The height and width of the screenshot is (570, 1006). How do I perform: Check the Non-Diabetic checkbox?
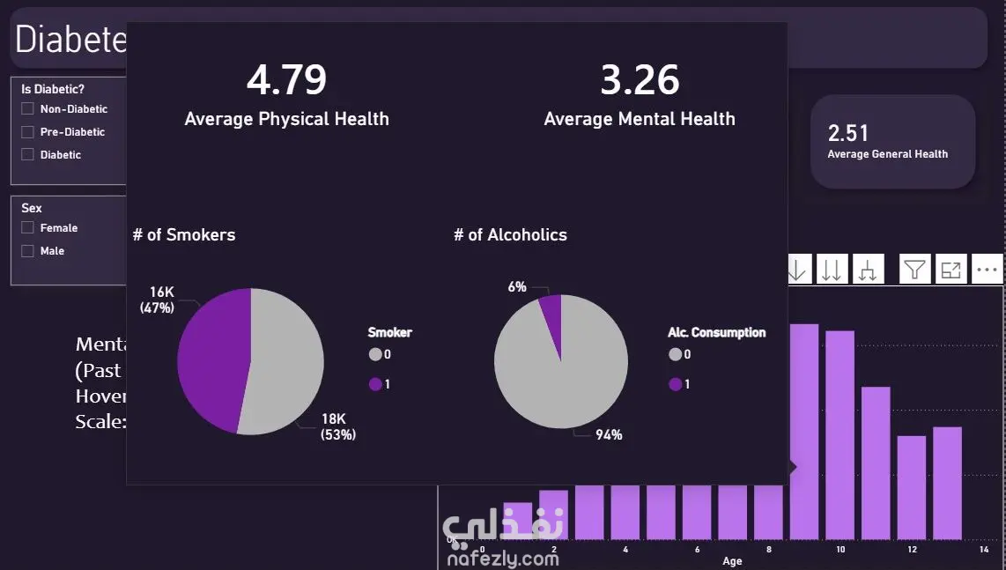(x=28, y=109)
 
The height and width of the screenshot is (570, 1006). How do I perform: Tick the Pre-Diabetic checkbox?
(x=28, y=132)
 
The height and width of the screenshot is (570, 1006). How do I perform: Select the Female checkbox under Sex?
(x=28, y=228)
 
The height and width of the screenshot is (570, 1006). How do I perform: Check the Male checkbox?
(x=28, y=251)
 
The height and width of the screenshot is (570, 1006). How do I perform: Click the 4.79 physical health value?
(x=286, y=80)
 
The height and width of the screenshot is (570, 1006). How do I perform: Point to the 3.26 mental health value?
(x=640, y=80)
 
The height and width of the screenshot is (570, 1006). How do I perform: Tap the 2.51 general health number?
(x=848, y=133)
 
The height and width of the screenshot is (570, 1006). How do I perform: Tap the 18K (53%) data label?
(x=338, y=426)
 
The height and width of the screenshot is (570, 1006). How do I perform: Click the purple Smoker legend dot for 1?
(x=376, y=384)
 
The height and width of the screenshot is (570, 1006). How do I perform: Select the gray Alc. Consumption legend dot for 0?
(x=676, y=354)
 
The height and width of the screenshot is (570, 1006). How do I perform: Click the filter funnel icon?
(x=915, y=270)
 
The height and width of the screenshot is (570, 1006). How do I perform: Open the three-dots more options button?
(x=988, y=270)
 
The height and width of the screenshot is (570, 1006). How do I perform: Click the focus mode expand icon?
(x=951, y=270)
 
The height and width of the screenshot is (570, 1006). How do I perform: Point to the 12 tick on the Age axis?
(x=912, y=550)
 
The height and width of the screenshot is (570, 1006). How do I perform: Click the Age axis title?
(x=732, y=561)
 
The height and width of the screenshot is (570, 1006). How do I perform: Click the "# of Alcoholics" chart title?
(x=510, y=235)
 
